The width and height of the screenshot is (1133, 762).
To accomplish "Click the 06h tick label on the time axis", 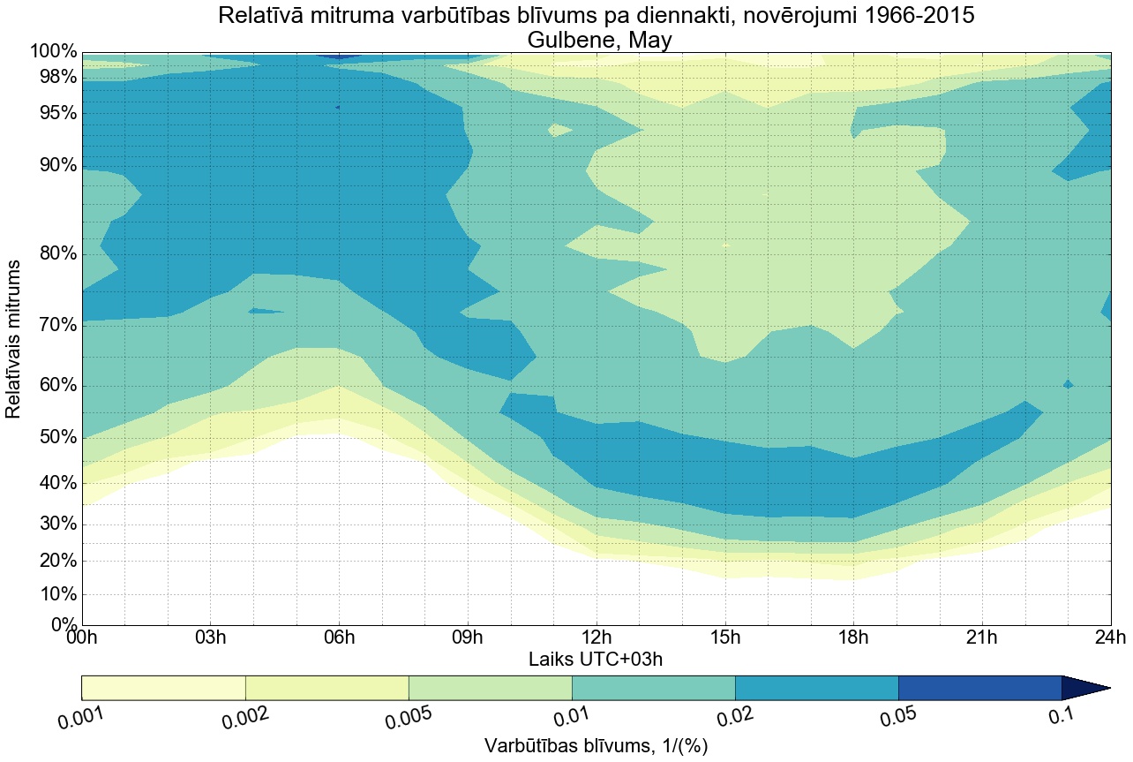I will (340, 638).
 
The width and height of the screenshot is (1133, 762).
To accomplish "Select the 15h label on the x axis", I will (725, 638).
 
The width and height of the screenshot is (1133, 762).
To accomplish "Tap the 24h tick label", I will (1109, 638).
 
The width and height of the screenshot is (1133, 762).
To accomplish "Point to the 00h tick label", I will (82, 638).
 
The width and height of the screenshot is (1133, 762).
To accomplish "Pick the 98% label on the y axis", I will (54, 78).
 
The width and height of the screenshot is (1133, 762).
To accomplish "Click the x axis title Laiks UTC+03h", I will (596, 659).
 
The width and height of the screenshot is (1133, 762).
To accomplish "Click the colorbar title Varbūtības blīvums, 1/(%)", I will (596, 746).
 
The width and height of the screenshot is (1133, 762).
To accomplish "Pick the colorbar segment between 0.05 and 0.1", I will (979, 688).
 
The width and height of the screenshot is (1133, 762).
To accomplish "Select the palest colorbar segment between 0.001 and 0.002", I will (163, 688).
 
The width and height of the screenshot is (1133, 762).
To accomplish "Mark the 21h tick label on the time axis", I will (981, 638).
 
